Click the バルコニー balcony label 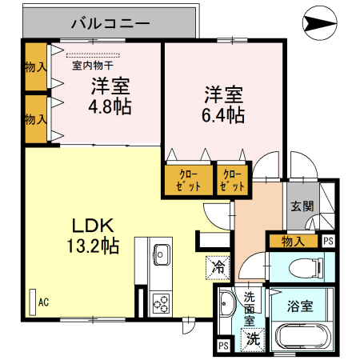pyautogui.click(x=110, y=23)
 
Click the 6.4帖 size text pyautogui.click(x=223, y=115)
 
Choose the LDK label pyautogui.click(x=94, y=226)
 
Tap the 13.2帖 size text pyautogui.click(x=94, y=246)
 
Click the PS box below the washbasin pyautogui.click(x=222, y=346)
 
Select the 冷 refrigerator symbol pyautogui.click(x=217, y=266)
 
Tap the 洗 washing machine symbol pyautogui.click(x=253, y=338)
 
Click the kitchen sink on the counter pyautogui.click(x=160, y=254)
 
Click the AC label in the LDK pyautogui.click(x=43, y=302)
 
